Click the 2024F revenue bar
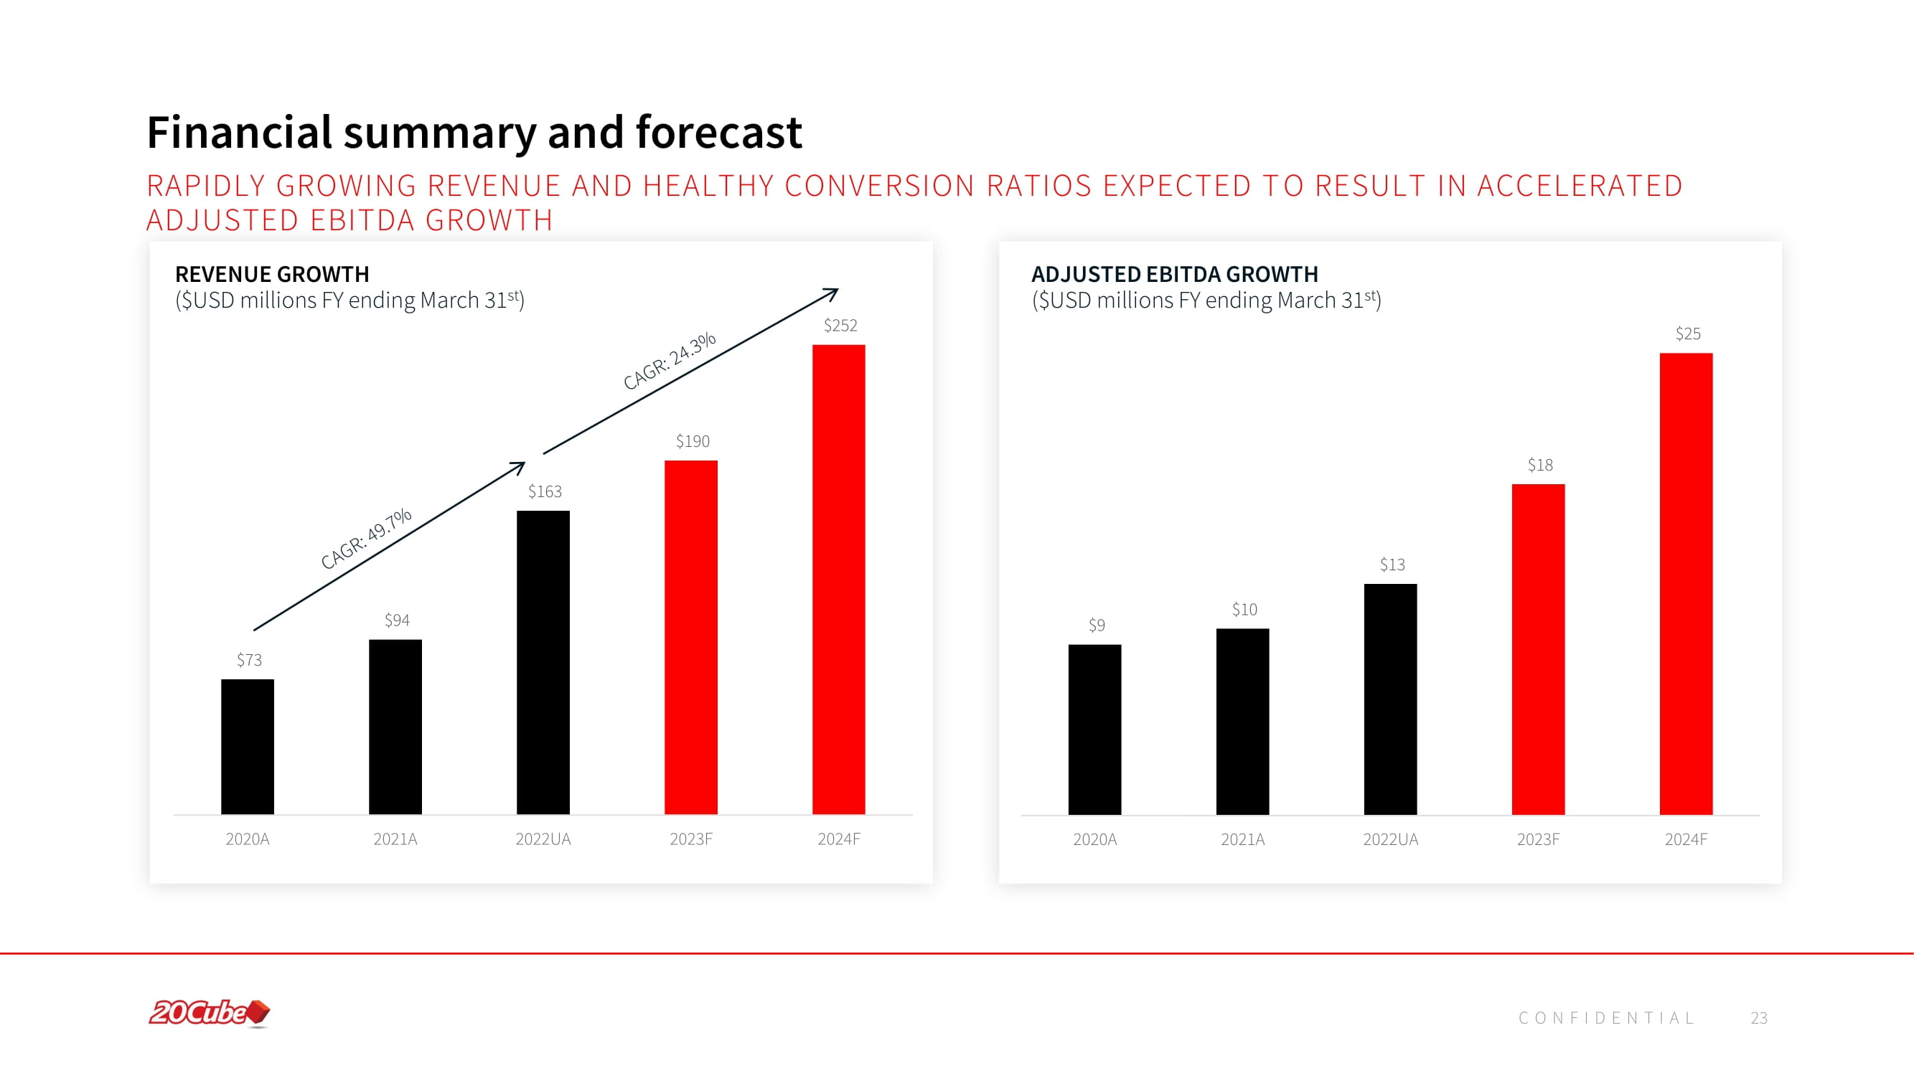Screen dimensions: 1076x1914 [x=838, y=579]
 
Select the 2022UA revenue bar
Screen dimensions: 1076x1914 [x=543, y=662]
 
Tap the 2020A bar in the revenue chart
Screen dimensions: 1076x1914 [x=248, y=746]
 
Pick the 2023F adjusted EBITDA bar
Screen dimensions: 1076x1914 [x=1538, y=649]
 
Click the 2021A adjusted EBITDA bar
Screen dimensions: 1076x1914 [x=1242, y=721]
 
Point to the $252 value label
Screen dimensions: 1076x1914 [x=840, y=325]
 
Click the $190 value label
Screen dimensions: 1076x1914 [x=693, y=441]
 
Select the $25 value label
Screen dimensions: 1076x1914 [x=1687, y=334]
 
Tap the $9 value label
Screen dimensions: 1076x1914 [x=1097, y=626]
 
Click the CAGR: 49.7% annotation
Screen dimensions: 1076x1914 [x=365, y=539]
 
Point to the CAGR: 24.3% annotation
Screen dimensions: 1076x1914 [x=670, y=361]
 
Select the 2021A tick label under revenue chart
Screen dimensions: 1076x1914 [x=395, y=839]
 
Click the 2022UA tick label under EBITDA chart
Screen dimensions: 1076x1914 [x=1390, y=839]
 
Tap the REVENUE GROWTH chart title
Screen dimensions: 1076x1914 [x=272, y=274]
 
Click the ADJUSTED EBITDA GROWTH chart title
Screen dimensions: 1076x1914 [x=1175, y=274]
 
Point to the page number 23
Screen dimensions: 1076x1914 [x=1759, y=1018]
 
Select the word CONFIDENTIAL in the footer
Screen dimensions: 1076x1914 [x=1605, y=1018]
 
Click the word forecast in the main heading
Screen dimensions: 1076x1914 [x=718, y=132]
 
